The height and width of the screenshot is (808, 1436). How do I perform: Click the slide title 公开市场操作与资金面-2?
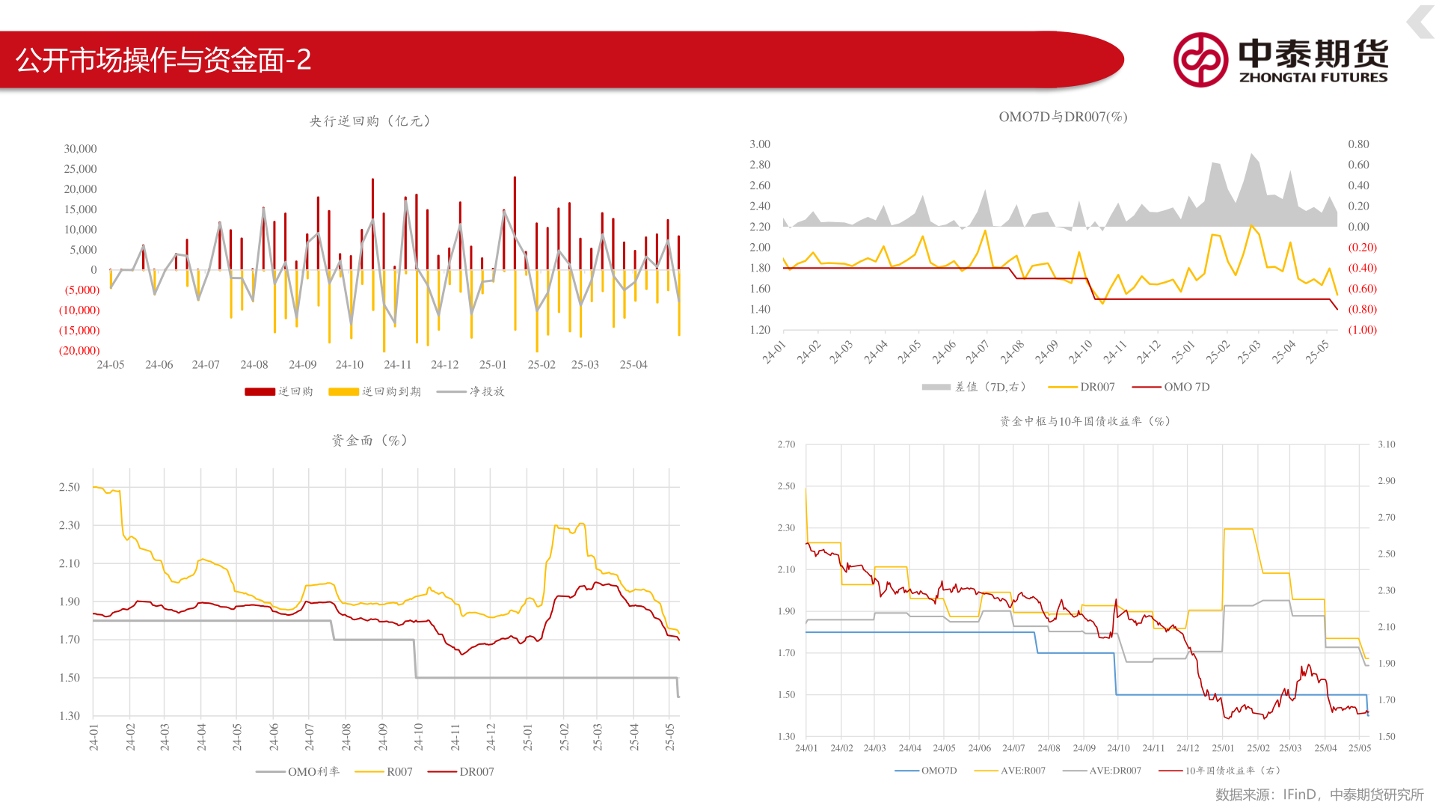164,60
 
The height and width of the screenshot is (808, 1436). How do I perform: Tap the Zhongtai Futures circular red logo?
1200,60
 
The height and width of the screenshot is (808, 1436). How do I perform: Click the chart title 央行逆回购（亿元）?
370,121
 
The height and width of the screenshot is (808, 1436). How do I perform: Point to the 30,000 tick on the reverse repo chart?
80,149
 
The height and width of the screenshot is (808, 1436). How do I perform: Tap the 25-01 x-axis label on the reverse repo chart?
493,364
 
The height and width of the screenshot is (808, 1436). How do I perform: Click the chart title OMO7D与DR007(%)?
1063,117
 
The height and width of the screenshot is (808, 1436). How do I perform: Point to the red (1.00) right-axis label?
1362,330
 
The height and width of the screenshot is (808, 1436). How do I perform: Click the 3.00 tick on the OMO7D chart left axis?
760,144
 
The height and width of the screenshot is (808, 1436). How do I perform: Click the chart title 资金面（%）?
370,441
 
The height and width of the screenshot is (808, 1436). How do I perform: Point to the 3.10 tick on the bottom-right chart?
1386,444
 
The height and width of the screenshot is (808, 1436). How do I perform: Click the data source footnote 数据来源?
1319,795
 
